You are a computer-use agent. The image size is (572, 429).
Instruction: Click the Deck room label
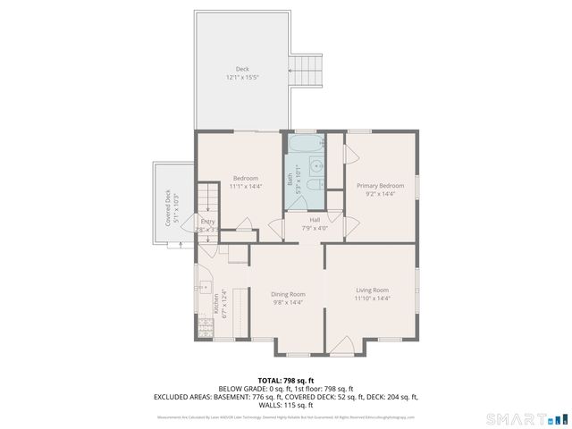click(x=242, y=69)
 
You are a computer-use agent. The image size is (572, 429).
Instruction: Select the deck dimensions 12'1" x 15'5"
click(x=242, y=78)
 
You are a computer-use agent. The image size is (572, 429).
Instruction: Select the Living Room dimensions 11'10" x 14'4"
click(x=372, y=299)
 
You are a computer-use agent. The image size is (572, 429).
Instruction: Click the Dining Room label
click(x=288, y=294)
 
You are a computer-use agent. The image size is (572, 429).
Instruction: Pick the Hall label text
click(x=315, y=220)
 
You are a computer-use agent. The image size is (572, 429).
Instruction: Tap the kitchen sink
click(x=204, y=289)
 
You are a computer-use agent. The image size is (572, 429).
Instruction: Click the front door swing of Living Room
click(x=341, y=344)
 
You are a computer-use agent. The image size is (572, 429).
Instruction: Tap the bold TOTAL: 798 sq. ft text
click(x=285, y=380)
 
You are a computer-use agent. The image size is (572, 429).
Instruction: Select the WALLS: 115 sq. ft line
click(x=285, y=404)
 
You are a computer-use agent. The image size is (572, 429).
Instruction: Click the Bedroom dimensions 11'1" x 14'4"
click(x=245, y=186)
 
